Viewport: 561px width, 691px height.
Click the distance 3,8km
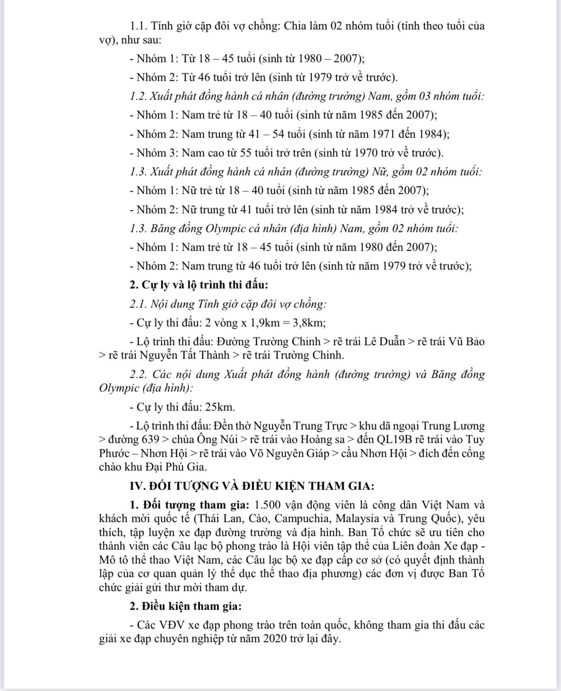pyautogui.click(x=309, y=323)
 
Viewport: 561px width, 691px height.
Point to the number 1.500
pyautogui.click(x=267, y=505)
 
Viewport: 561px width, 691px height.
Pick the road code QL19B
pyautogui.click(x=393, y=439)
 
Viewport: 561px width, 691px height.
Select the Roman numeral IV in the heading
pyautogui.click(x=136, y=486)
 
